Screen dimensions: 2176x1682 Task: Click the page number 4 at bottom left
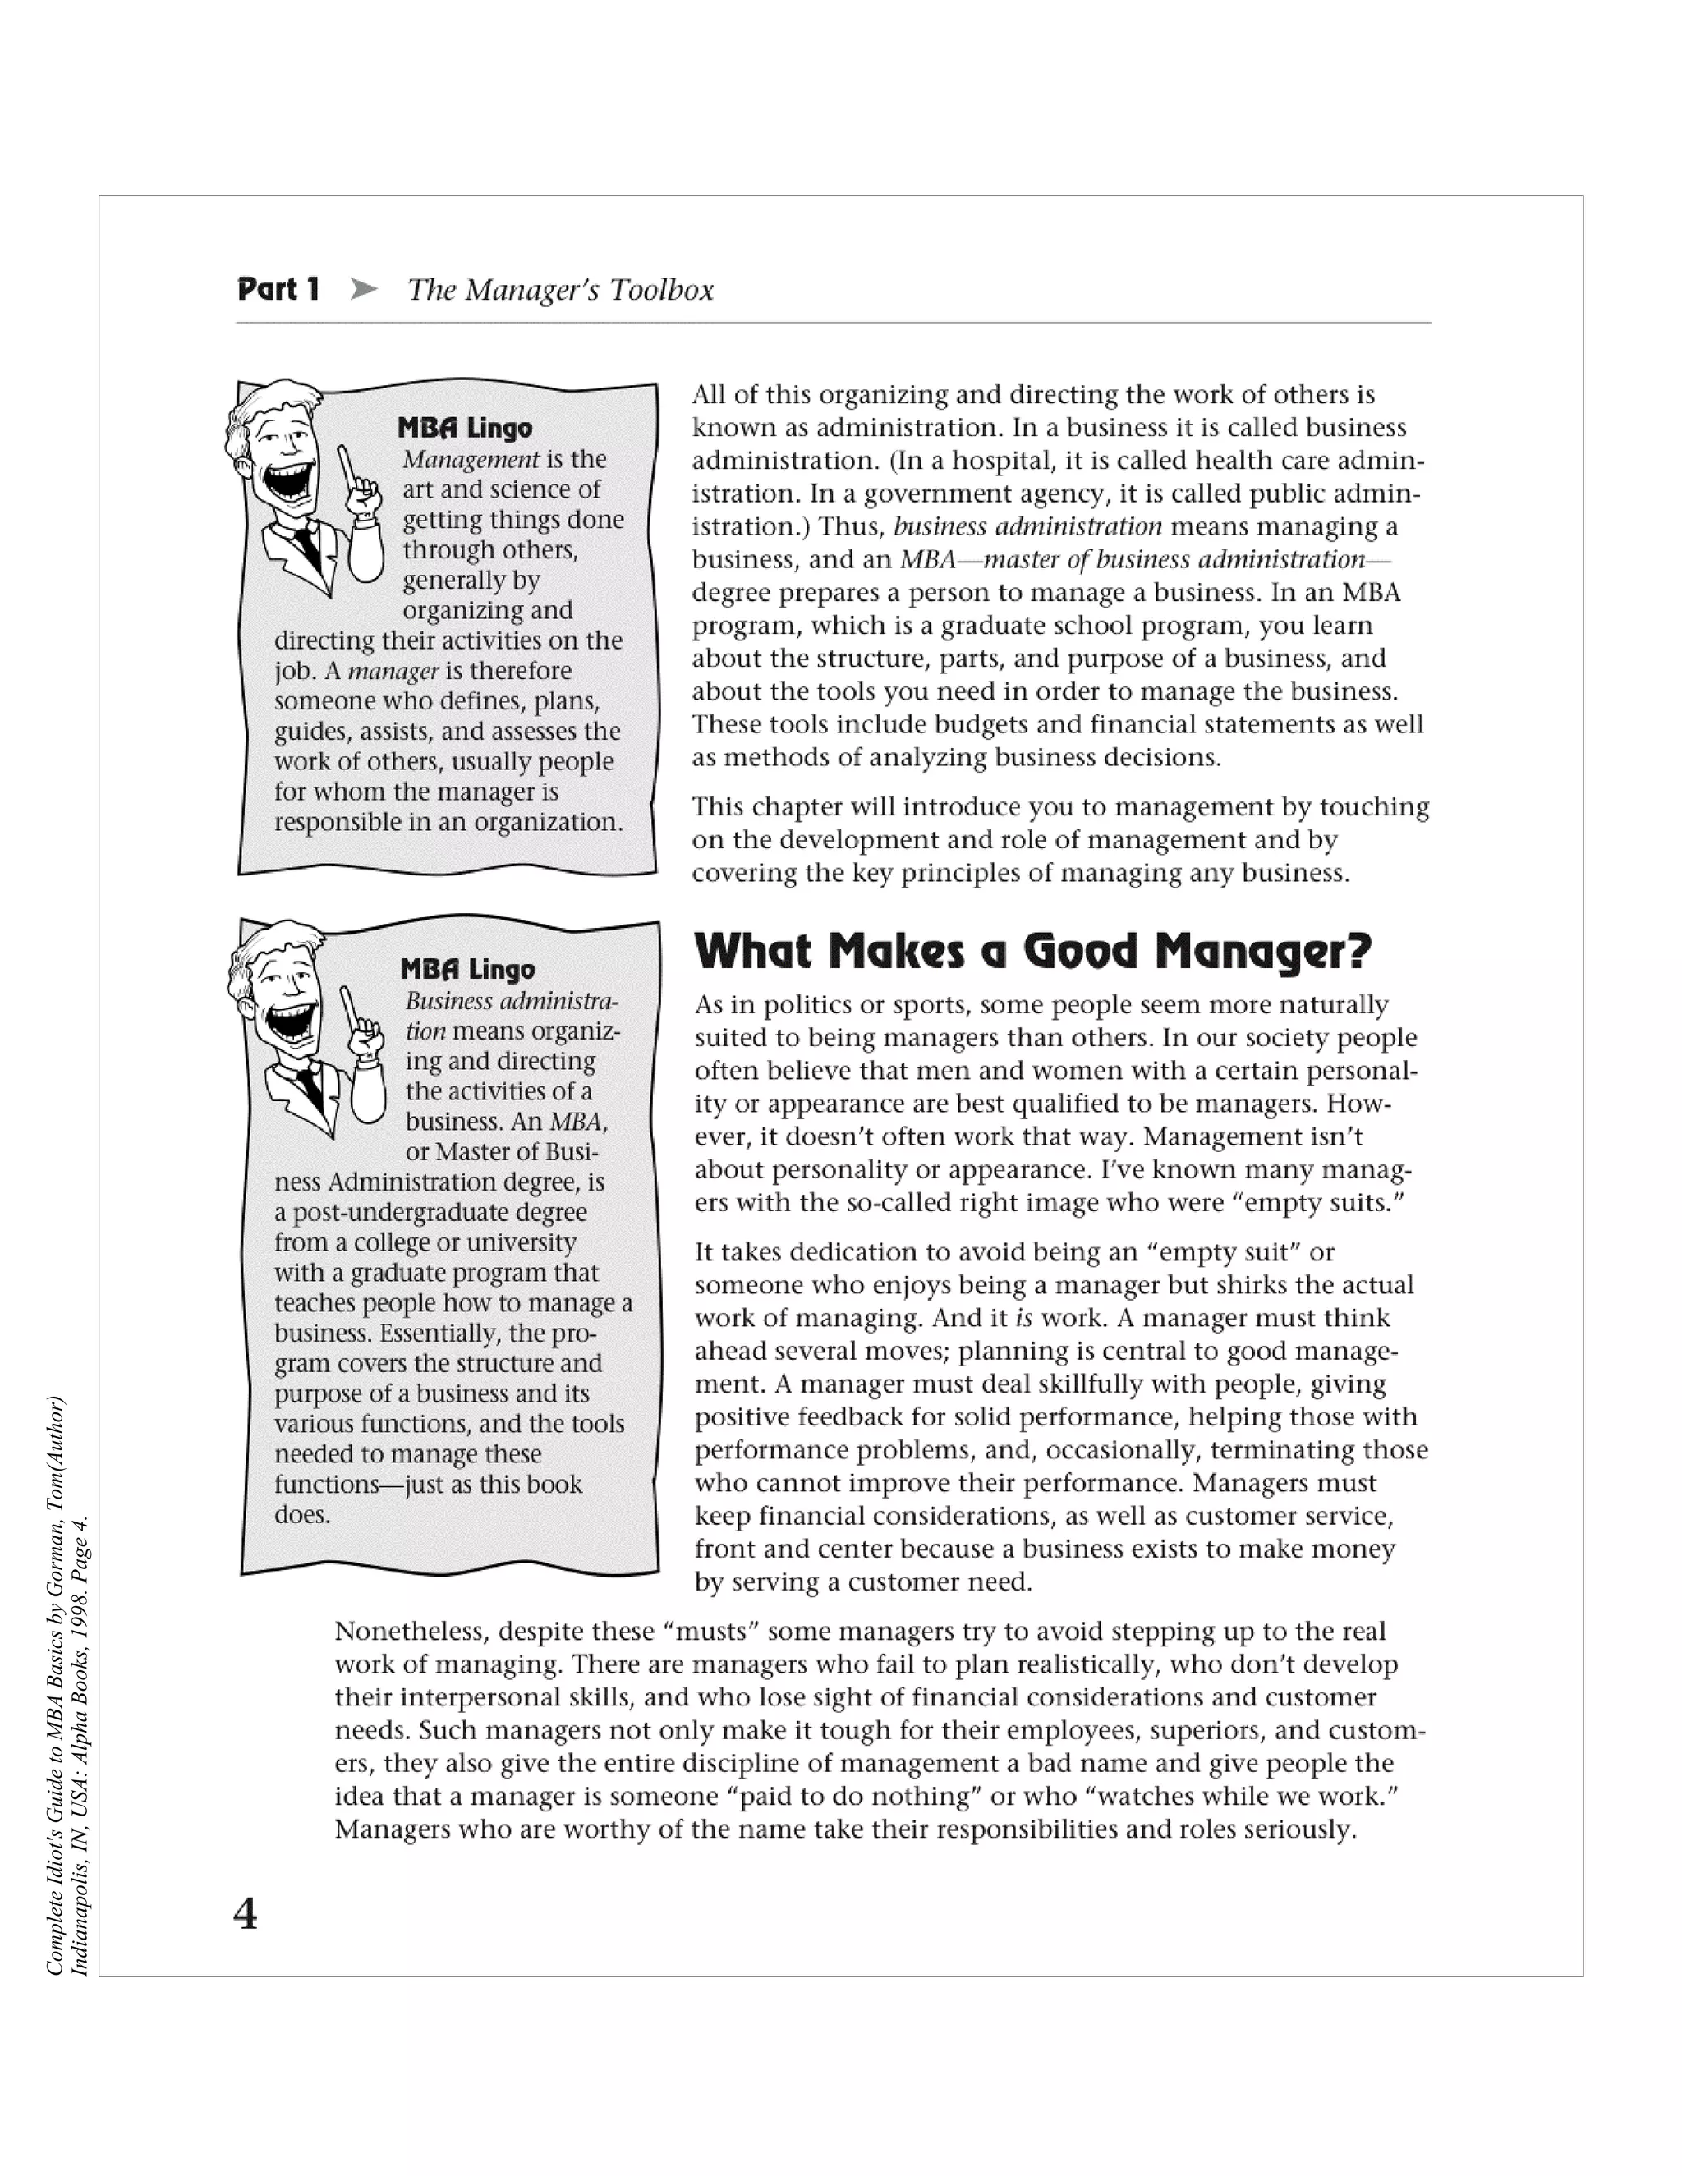245,1934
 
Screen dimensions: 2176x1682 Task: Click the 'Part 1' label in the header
278,290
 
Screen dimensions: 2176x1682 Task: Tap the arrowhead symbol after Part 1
365,290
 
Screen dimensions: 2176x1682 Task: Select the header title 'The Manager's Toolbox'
560,290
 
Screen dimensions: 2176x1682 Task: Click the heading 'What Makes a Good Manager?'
1032,952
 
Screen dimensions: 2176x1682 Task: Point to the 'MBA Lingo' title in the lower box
467,970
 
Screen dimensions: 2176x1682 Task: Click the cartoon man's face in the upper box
282,448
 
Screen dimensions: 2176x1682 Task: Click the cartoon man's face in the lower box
284,991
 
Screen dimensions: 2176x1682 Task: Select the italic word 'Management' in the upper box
471,459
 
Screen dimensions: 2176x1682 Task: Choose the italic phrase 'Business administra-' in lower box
511,1001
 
